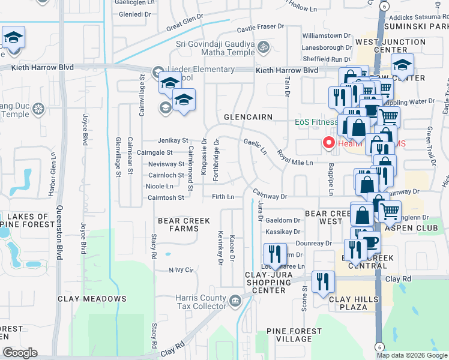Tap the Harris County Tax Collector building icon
pos(234,299)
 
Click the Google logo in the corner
pos(20,353)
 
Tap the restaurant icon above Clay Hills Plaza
pos(323,282)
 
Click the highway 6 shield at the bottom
pos(379,346)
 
